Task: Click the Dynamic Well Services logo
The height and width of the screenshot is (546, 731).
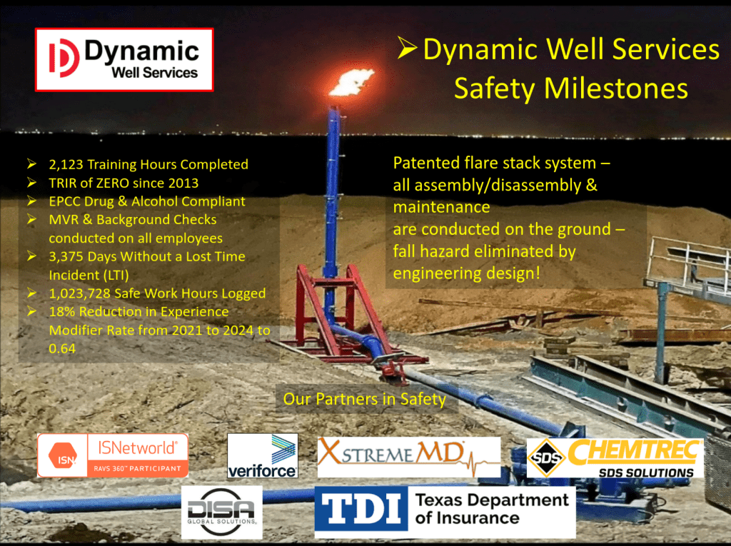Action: [124, 59]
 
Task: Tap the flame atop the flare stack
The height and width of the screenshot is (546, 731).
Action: [352, 82]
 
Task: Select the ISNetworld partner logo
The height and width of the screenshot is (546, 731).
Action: [113, 455]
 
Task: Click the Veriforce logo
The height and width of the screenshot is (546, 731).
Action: [263, 455]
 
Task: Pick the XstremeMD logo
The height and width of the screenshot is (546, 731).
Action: [409, 457]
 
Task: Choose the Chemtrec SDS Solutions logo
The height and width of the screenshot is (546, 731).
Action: [615, 458]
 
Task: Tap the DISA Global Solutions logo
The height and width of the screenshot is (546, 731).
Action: [222, 512]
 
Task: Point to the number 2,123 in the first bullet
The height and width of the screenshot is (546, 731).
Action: [66, 165]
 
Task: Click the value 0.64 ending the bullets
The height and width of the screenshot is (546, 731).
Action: [62, 348]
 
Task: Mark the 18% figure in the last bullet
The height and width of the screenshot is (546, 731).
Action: [62, 311]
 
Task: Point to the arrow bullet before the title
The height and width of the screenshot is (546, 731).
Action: [407, 48]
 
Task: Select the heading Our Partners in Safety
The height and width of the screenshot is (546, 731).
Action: [365, 399]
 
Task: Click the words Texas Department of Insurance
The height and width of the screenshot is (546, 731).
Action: [492, 509]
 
